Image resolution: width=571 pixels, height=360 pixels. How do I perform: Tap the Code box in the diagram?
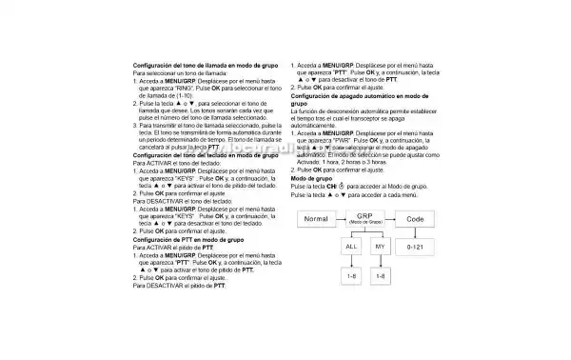pyautogui.click(x=415, y=220)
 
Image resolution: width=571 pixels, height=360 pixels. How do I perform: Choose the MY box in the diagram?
pyautogui.click(x=382, y=247)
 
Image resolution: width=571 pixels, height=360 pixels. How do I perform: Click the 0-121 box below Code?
pyautogui.click(x=415, y=247)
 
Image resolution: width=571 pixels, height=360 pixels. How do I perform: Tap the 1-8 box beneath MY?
pyautogui.click(x=382, y=276)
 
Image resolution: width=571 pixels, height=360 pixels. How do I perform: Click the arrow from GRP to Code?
pyautogui.click(x=391, y=220)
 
